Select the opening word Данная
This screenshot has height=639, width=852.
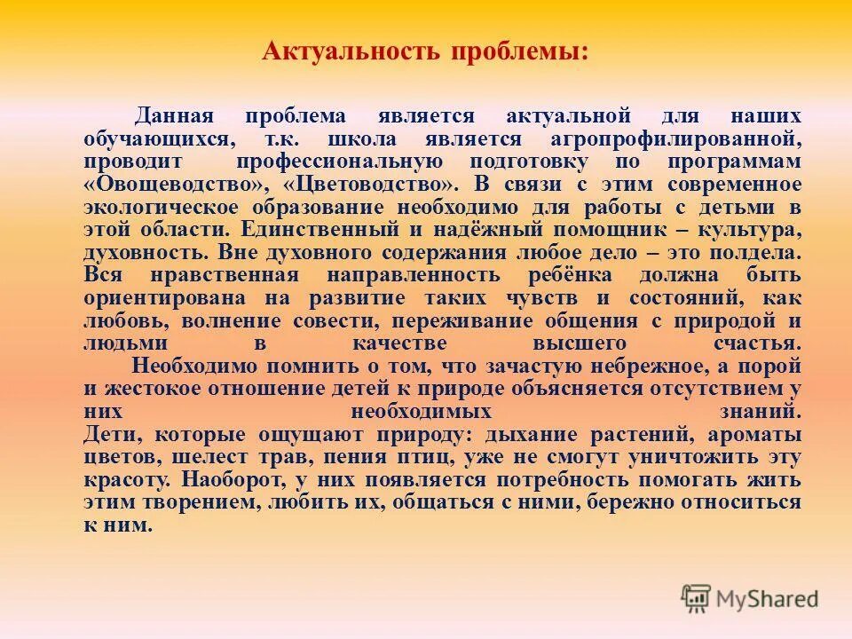(173, 116)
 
